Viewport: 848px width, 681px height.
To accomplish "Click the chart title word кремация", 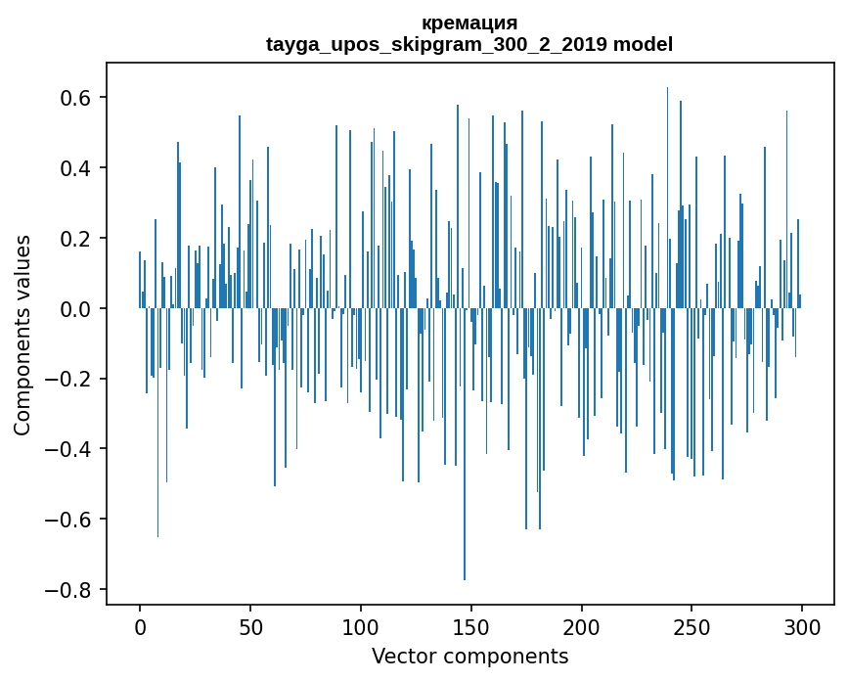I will [x=469, y=23].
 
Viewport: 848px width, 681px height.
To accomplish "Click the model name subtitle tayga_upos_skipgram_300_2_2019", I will [x=469, y=44].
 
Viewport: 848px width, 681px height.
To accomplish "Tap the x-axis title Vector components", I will [x=469, y=656].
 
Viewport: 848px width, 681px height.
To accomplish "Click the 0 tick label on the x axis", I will [x=140, y=625].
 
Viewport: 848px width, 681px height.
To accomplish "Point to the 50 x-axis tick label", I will [x=250, y=625].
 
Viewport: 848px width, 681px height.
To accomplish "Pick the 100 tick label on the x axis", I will [x=361, y=625].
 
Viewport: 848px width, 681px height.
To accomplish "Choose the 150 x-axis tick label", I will [x=471, y=625].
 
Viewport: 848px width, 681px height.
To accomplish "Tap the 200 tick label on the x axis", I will [x=582, y=625].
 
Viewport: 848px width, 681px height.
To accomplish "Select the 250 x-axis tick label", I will [x=692, y=625].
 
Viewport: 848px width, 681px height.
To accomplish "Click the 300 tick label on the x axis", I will [x=803, y=625].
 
